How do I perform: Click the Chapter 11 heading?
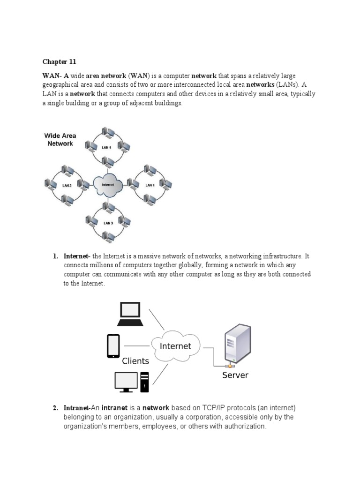(59, 62)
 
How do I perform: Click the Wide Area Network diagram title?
(60, 140)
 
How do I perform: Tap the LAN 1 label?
(107, 148)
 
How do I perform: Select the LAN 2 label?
(67, 185)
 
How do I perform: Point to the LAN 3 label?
(108, 223)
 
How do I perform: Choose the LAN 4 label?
(150, 185)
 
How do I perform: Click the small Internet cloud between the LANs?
(108, 185)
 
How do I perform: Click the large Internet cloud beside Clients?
(176, 346)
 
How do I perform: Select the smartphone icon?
(113, 346)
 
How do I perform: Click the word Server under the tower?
(235, 375)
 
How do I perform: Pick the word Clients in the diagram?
(135, 361)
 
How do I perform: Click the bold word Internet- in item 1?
(77, 256)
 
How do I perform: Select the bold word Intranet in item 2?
(75, 408)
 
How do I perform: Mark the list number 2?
(55, 408)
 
